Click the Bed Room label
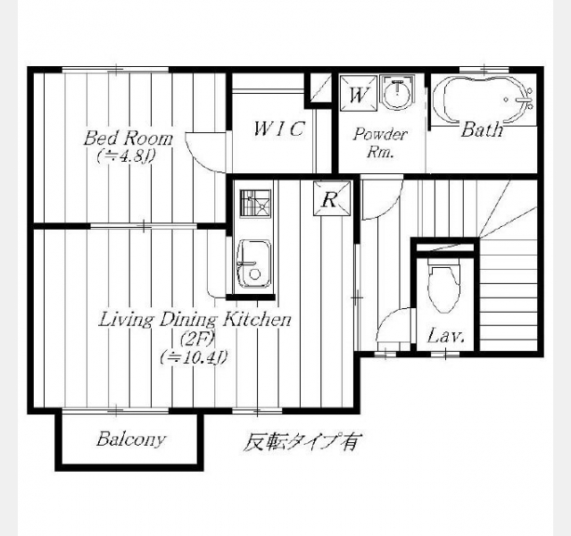coord(128,138)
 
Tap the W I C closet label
coord(279,129)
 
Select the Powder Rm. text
coord(380,143)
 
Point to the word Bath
coord(483,130)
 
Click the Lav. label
coord(446,336)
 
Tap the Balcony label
coord(131,439)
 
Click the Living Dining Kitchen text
coord(195,320)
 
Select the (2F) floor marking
coord(197,339)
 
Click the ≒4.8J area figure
coord(127,156)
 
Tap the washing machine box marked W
coord(359,93)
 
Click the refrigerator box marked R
coord(332,198)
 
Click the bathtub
coord(484,100)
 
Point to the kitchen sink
coord(253,264)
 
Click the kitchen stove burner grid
coord(255,204)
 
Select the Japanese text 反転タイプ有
coord(301,442)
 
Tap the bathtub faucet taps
coord(527,99)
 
